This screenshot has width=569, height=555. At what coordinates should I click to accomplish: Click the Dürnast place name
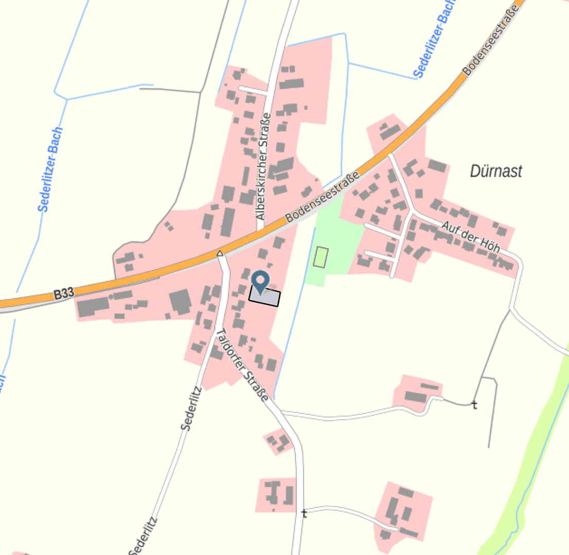[496, 171]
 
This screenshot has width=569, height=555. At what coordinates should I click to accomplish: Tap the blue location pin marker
[261, 282]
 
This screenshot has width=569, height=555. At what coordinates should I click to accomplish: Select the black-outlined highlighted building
[264, 297]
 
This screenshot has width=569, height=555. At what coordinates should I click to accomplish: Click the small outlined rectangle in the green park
[321, 257]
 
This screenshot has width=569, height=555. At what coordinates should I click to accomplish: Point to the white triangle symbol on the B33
[220, 253]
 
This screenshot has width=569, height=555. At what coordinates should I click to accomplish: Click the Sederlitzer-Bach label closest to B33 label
[50, 170]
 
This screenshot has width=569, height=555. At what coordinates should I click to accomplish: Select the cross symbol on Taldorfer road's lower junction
[304, 513]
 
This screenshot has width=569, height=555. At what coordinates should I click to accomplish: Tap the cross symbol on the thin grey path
[474, 405]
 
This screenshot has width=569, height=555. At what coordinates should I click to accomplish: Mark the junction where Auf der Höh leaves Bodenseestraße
[389, 153]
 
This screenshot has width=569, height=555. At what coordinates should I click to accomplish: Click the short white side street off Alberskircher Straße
[253, 90]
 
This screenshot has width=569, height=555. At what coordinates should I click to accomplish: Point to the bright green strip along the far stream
[535, 447]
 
